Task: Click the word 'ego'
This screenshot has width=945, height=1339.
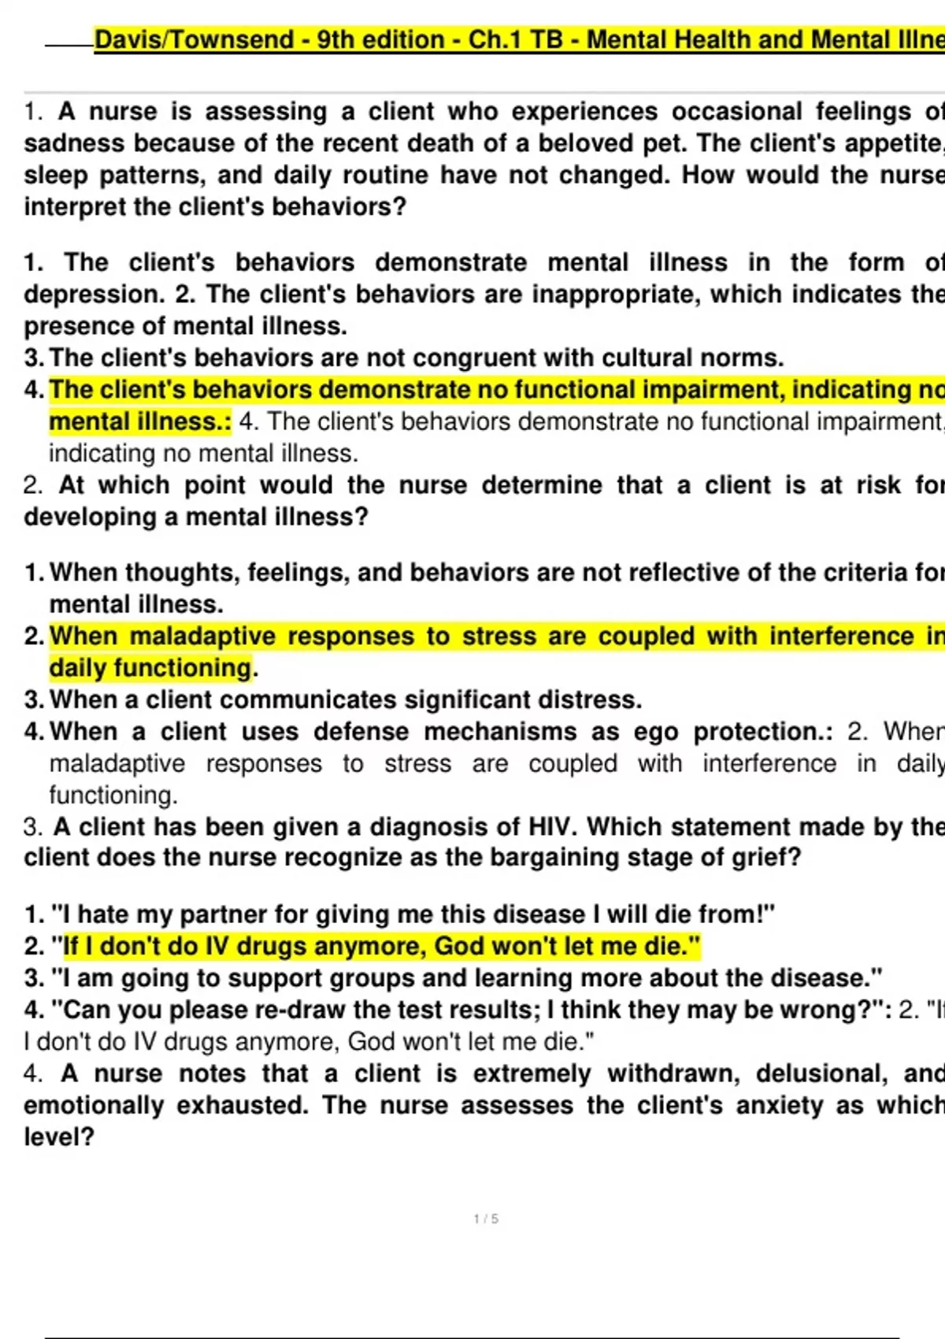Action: point(655,732)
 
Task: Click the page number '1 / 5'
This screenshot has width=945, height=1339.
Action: point(486,1219)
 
